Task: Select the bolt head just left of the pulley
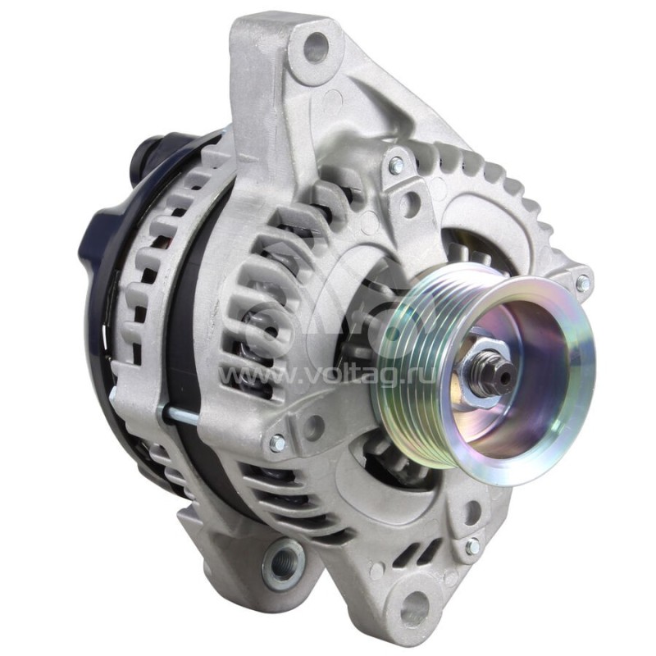point(277,443)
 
